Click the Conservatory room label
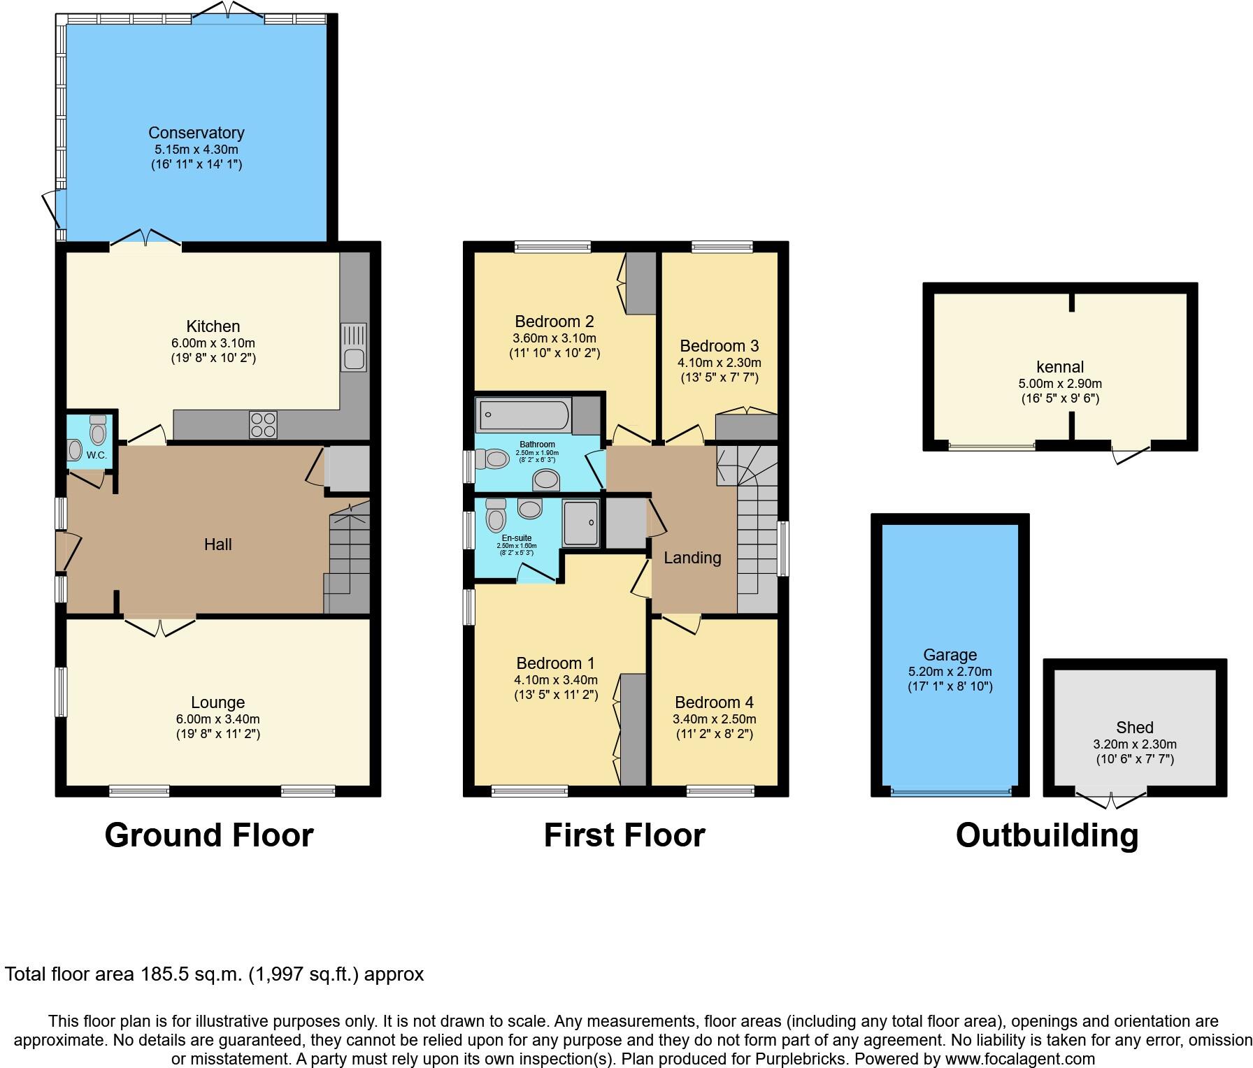pyautogui.click(x=196, y=133)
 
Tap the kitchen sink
pyautogui.click(x=353, y=347)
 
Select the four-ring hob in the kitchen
pyautogui.click(x=264, y=424)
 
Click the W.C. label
pyautogui.click(x=96, y=456)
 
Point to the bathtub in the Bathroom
pyautogui.click(x=524, y=416)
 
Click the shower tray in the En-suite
pyautogui.click(x=581, y=523)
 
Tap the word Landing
pyautogui.click(x=692, y=558)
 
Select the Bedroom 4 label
pyautogui.click(x=714, y=702)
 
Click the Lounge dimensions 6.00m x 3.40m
pyautogui.click(x=217, y=719)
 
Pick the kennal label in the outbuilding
pyautogui.click(x=1059, y=367)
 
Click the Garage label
pyautogui.click(x=950, y=655)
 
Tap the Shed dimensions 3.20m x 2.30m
pyautogui.click(x=1134, y=744)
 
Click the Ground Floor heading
pyautogui.click(x=208, y=835)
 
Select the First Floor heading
pyautogui.click(x=624, y=835)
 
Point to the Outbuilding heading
pyautogui.click(x=1047, y=835)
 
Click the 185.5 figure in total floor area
pyautogui.click(x=166, y=974)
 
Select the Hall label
pyautogui.click(x=217, y=544)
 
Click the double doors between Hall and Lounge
pyautogui.click(x=160, y=626)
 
